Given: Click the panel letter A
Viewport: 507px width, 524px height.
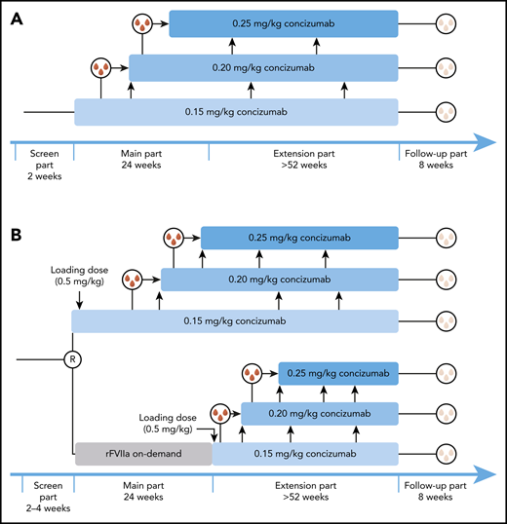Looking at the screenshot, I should click(x=17, y=19).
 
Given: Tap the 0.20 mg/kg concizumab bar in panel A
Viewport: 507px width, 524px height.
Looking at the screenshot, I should click(x=263, y=67).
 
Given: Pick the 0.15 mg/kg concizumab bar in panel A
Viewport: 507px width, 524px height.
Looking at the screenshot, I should click(x=236, y=112).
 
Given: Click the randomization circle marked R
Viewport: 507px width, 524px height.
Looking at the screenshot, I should click(x=72, y=359).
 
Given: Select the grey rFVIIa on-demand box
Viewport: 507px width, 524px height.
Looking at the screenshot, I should click(x=143, y=455).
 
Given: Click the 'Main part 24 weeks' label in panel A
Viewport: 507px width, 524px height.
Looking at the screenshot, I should click(x=141, y=160).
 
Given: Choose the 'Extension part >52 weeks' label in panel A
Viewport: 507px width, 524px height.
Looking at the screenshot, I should click(x=304, y=160).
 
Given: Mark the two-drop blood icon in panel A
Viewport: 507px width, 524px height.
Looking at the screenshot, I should click(x=101, y=68).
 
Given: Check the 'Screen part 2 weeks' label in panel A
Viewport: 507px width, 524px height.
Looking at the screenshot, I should click(x=43, y=160).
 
